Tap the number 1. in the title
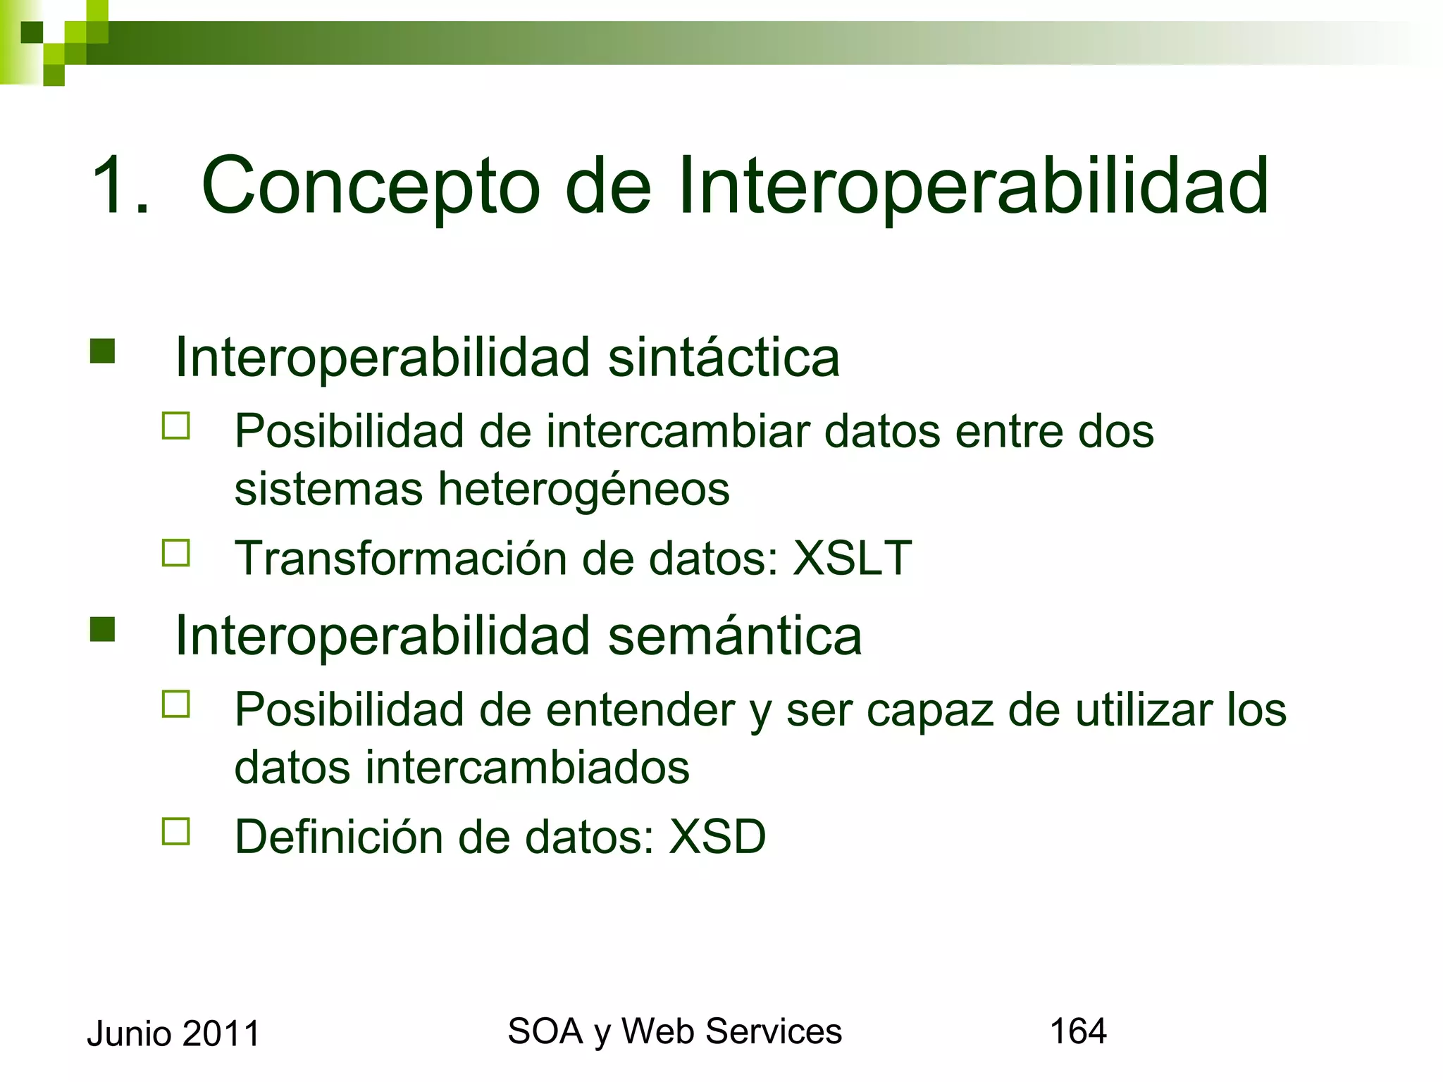point(120,187)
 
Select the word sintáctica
point(724,357)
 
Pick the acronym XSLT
point(853,558)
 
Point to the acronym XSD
point(717,837)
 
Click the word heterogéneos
point(583,490)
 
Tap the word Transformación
point(400,558)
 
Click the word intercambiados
point(527,767)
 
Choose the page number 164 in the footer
point(1078,1031)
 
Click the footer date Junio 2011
point(173,1033)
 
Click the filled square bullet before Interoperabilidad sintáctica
point(103,351)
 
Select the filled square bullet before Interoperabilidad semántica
point(103,629)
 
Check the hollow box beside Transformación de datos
point(176,553)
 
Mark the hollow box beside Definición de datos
point(176,831)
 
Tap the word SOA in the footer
point(545,1031)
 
